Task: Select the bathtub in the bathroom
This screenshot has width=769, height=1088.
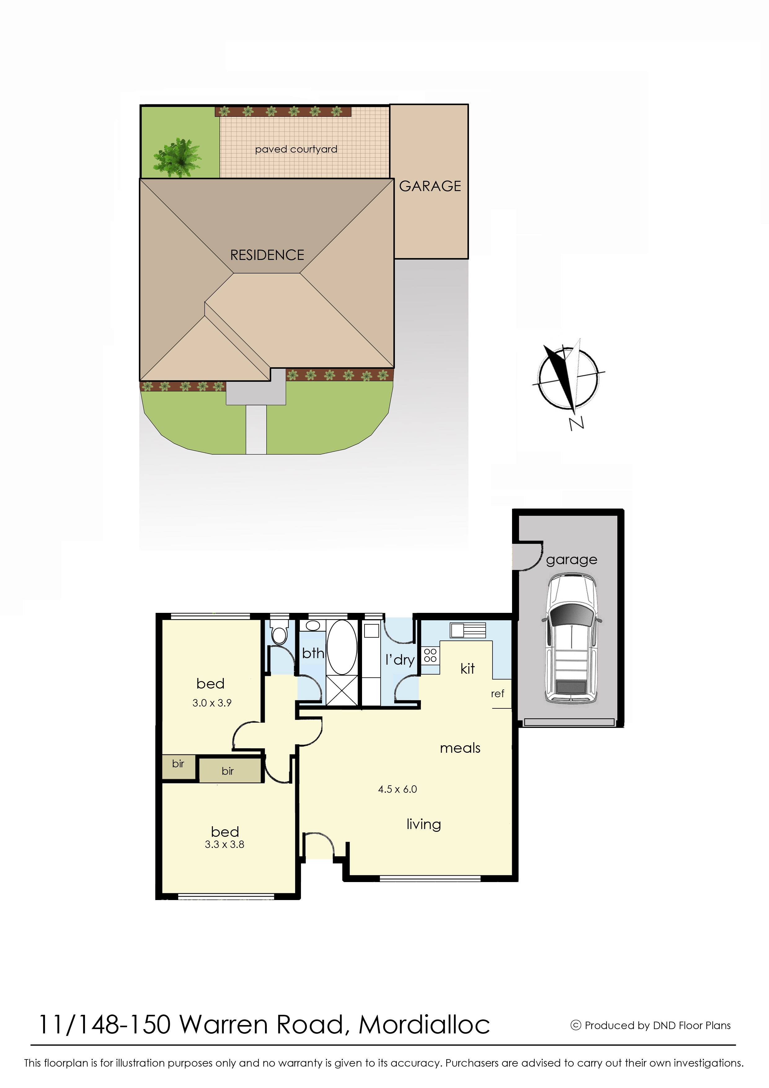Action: pos(342,647)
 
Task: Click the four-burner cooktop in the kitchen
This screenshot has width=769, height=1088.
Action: pos(430,655)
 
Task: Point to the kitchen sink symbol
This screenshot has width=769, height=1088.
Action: pos(468,630)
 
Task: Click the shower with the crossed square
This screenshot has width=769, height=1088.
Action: pos(342,690)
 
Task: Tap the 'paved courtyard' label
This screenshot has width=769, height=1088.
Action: pos(296,149)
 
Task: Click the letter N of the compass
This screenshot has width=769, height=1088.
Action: pos(576,423)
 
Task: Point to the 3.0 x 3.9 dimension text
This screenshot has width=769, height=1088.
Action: pos(212,703)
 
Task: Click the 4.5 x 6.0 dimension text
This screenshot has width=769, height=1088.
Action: pos(397,789)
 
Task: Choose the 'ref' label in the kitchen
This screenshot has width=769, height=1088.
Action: pos(497,694)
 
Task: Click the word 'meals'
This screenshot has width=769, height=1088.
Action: pos(460,748)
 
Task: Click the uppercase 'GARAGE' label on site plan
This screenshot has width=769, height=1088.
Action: pos(430,186)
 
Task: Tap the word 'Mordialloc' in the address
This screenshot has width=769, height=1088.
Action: pos(424,1024)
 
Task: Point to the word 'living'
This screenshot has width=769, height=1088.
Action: pos(423,825)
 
